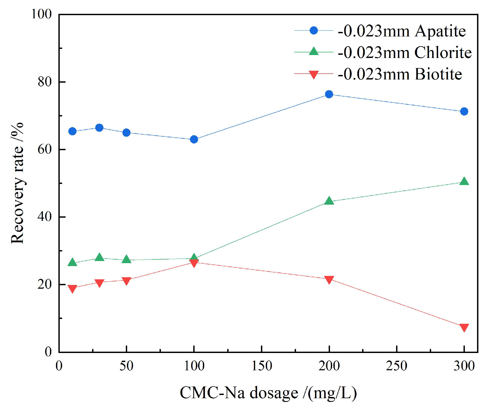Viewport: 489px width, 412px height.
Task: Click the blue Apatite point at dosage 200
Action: (329, 94)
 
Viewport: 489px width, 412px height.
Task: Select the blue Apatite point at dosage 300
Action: (464, 111)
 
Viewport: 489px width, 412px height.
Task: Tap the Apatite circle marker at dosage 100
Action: (194, 139)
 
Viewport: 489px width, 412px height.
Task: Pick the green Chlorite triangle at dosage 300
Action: (464, 182)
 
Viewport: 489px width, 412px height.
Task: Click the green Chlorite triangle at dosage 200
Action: (329, 201)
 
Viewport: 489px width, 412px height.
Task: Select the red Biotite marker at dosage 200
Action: (329, 279)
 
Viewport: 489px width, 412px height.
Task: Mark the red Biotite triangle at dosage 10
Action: (72, 288)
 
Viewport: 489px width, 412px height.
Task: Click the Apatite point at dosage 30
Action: (99, 128)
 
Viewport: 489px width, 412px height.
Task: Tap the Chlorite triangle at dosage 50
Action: (126, 259)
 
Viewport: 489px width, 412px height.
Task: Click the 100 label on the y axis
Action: (41, 14)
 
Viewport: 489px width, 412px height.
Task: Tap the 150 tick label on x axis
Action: (261, 366)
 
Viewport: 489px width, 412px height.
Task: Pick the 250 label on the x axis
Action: (396, 366)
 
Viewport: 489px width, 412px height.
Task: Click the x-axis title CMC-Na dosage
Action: (268, 393)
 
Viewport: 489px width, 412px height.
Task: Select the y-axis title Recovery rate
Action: (17, 183)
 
